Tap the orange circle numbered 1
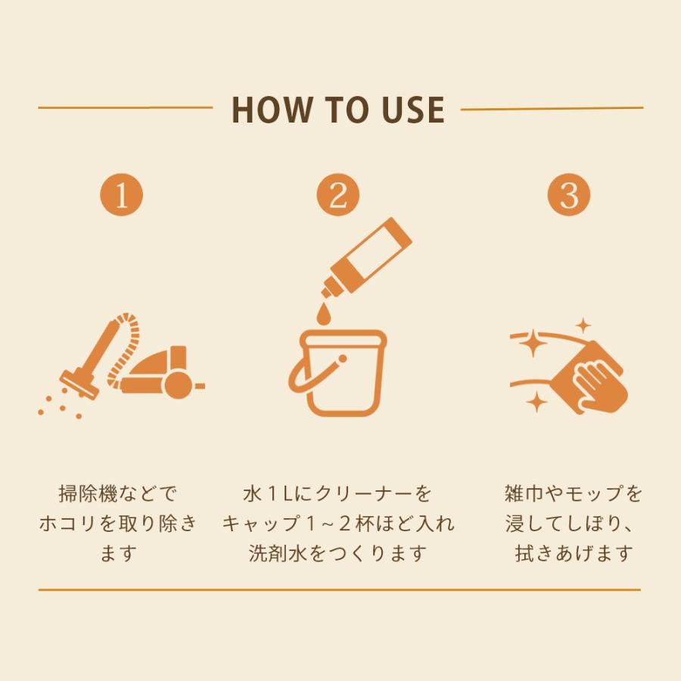pyautogui.click(x=122, y=194)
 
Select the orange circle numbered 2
pyautogui.click(x=338, y=194)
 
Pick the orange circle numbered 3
pyautogui.click(x=568, y=194)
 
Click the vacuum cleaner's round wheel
pyautogui.click(x=178, y=384)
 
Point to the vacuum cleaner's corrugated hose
pyautogui.click(x=126, y=347)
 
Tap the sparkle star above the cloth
pyautogui.click(x=583, y=325)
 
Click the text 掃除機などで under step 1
pyautogui.click(x=118, y=494)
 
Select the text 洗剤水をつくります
pyautogui.click(x=338, y=553)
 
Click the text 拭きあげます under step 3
pyautogui.click(x=574, y=553)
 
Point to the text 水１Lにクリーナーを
pyautogui.click(x=338, y=494)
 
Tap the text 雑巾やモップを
pyautogui.click(x=574, y=494)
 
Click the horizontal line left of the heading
pyautogui.click(x=126, y=107)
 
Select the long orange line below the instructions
pyautogui.click(x=339, y=589)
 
